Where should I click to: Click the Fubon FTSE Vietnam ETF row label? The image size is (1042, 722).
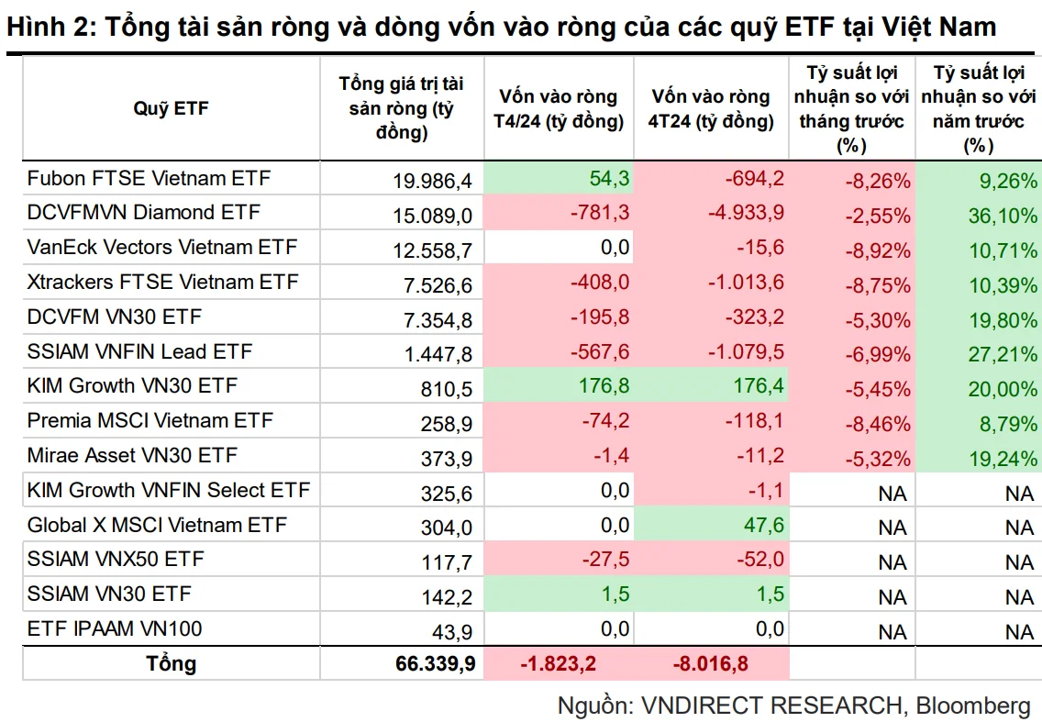[x=149, y=178]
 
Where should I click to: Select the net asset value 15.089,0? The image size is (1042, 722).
[x=432, y=216]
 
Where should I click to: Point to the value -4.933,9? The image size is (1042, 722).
[x=746, y=213]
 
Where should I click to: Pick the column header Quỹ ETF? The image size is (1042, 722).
[x=171, y=108]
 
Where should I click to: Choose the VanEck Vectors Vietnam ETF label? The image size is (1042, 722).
[x=162, y=248]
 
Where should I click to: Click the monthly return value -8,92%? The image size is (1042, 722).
[x=877, y=250]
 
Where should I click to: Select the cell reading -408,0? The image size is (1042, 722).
[x=599, y=282]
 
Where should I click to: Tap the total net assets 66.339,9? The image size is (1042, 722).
[x=436, y=663]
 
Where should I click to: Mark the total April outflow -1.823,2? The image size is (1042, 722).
[x=559, y=663]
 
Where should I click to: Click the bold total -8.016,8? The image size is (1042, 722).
[x=710, y=663]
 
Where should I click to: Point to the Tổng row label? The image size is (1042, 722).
[x=172, y=663]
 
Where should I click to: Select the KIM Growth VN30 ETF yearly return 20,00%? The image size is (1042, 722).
[x=1003, y=389]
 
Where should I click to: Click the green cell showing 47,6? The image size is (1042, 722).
[x=763, y=525]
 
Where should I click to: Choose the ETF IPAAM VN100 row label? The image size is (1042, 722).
[x=115, y=629]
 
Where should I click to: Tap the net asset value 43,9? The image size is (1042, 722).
[x=452, y=631]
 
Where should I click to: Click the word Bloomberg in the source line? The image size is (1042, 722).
[x=973, y=705]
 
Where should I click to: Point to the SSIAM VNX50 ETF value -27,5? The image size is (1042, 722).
[x=605, y=559]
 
